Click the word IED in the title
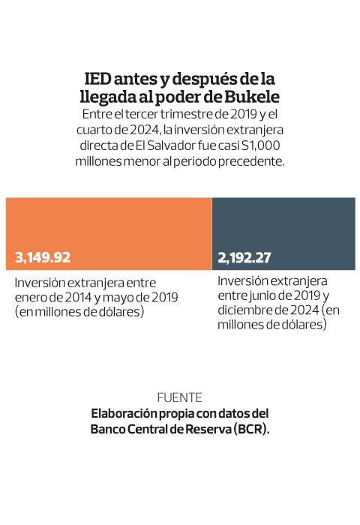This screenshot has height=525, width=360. (97, 79)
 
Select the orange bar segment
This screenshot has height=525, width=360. (109, 234)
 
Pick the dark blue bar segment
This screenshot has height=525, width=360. (283, 234)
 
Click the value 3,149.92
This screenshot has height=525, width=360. (43, 257)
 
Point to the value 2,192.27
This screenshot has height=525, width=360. (244, 258)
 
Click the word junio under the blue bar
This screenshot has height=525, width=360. (263, 296)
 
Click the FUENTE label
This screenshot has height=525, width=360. (179, 398)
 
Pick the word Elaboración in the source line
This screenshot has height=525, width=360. (124, 414)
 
